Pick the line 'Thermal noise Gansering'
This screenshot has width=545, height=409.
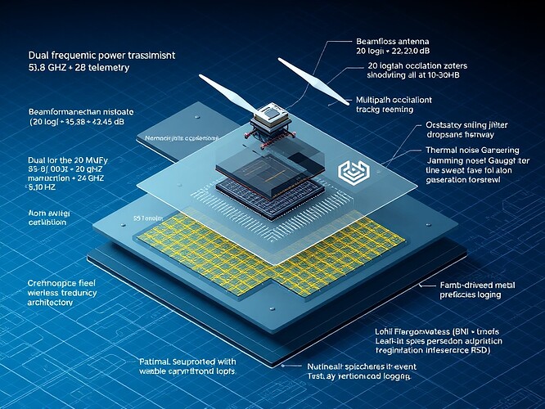(454, 151)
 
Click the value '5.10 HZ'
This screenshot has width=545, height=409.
(32, 186)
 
